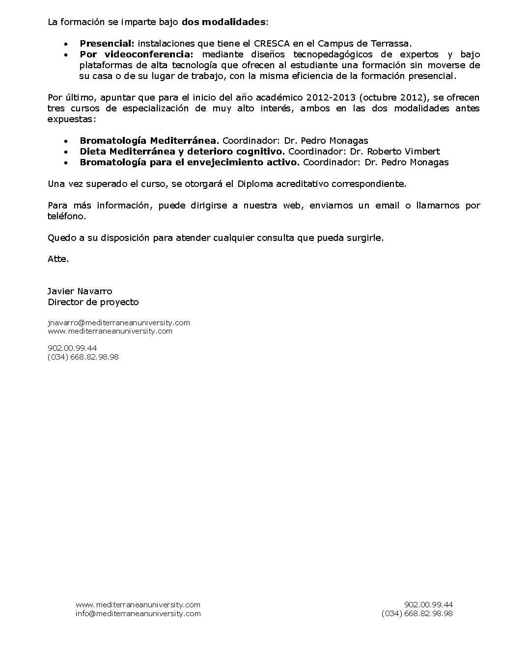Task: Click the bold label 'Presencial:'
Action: (107, 44)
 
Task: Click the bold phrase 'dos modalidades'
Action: (224, 22)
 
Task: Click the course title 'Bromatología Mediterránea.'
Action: (149, 141)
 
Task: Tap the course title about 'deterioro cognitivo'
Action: (182, 152)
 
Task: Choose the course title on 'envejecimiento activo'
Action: (190, 162)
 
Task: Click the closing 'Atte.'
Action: (58, 259)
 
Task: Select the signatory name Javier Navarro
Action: (80, 291)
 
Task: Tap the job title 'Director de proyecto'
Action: (93, 302)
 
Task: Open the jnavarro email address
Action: (119, 323)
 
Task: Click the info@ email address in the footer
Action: (138, 614)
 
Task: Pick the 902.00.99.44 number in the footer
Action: (428, 605)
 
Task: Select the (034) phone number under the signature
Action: (83, 357)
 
